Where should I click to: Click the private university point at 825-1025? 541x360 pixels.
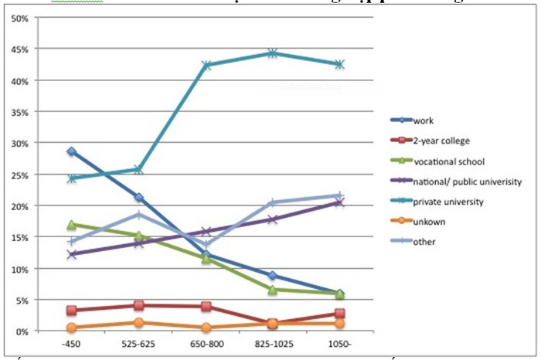pyautogui.click(x=273, y=53)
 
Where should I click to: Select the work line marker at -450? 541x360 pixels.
pyautogui.click(x=72, y=151)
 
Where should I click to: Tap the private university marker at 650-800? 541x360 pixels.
pyautogui.click(x=206, y=65)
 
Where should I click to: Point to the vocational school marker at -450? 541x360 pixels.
pyautogui.click(x=72, y=225)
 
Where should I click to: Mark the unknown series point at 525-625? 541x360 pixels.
pyautogui.click(x=139, y=322)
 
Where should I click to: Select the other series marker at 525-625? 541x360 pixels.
pyautogui.click(x=139, y=214)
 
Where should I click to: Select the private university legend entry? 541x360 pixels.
pyautogui.click(x=450, y=202)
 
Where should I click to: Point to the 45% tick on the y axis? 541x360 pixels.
pyautogui.click(x=20, y=49)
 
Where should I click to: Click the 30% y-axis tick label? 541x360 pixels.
pyautogui.click(x=20, y=143)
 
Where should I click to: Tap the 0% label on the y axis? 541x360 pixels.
pyautogui.click(x=23, y=331)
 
